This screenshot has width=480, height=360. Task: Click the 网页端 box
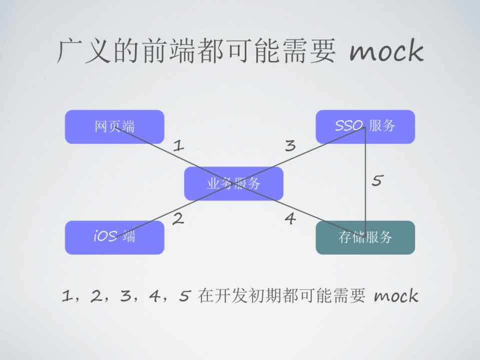click(x=114, y=126)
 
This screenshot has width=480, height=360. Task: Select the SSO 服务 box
click(x=365, y=126)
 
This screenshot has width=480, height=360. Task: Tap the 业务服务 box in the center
click(x=233, y=183)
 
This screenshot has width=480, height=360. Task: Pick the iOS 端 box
click(x=114, y=237)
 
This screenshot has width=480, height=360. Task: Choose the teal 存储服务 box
click(x=365, y=237)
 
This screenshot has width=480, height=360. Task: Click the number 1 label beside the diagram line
click(x=179, y=145)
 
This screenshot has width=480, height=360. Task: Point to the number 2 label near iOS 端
click(x=178, y=218)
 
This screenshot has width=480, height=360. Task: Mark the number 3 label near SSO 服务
click(x=290, y=145)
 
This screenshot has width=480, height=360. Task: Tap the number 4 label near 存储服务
click(x=290, y=218)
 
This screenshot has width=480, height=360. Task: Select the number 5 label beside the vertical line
click(x=377, y=180)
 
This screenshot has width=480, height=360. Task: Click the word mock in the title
click(x=386, y=51)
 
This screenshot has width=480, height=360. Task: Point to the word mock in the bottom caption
click(x=395, y=296)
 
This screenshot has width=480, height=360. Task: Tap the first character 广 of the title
click(x=70, y=51)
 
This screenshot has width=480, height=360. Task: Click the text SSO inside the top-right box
click(x=349, y=126)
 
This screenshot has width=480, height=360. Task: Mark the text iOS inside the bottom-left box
click(x=105, y=236)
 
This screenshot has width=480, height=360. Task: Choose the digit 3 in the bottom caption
click(x=125, y=296)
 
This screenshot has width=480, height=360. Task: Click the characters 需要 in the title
click(x=308, y=51)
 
